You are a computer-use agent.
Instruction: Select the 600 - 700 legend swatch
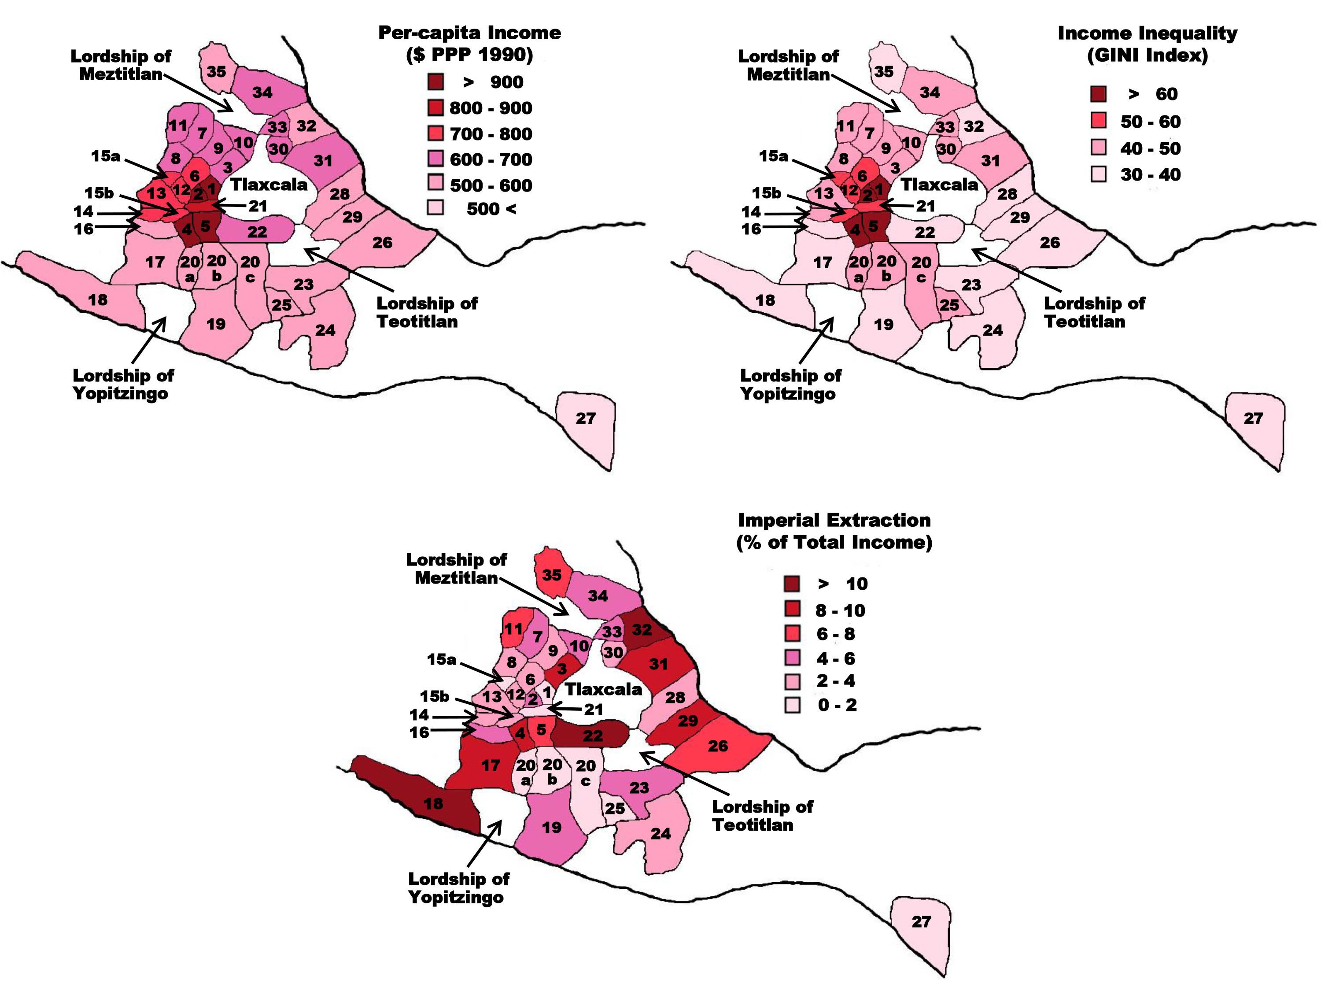[x=436, y=159]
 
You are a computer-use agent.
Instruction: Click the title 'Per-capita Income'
[x=469, y=33]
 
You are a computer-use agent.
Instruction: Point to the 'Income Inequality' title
[x=1147, y=33]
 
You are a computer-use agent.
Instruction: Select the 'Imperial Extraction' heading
[x=834, y=520]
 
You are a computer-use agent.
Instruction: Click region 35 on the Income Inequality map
[x=884, y=72]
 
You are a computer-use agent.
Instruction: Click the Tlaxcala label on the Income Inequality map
[x=939, y=185]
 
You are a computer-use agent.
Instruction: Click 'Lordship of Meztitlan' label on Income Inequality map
[x=788, y=65]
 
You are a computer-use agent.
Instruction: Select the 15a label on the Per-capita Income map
[x=105, y=156]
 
